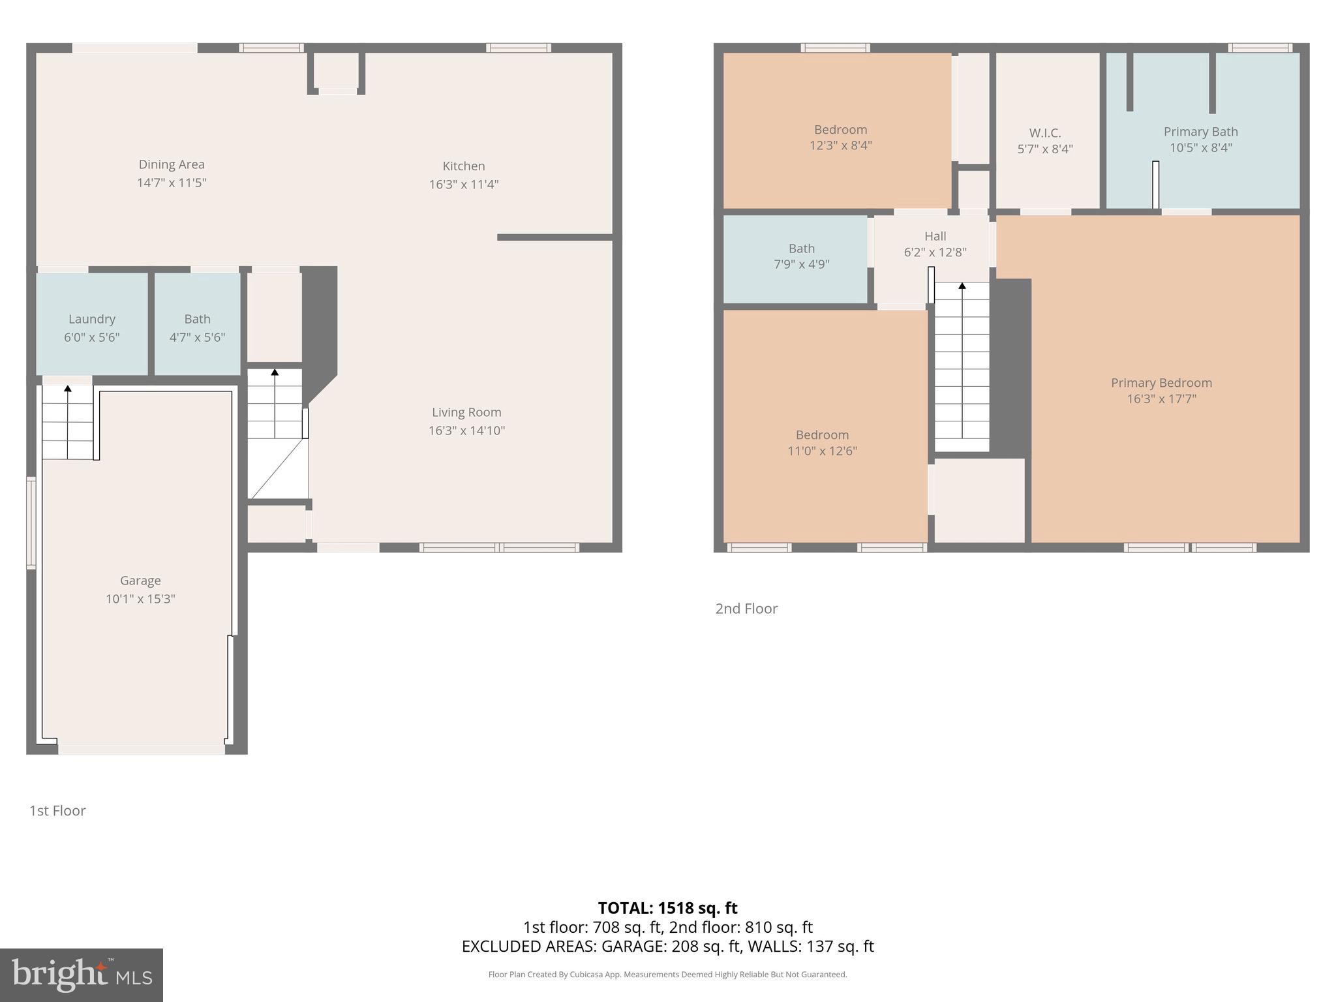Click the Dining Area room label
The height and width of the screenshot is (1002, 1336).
[x=171, y=164]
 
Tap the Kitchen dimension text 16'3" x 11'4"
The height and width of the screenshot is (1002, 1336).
[x=463, y=184]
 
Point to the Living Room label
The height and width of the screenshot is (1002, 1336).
[x=466, y=412]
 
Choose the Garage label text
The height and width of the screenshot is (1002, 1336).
[x=140, y=581]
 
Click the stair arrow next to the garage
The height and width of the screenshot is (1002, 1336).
[x=68, y=389]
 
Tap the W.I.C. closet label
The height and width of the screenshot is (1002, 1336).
[x=1044, y=133]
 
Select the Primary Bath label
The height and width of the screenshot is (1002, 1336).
[x=1200, y=132]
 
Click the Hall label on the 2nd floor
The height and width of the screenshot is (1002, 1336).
[x=935, y=236]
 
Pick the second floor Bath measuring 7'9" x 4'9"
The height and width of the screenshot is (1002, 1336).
[x=801, y=256]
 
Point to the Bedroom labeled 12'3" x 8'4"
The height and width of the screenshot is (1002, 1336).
[x=840, y=137]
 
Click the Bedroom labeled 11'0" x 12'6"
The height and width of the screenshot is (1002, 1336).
[x=822, y=442]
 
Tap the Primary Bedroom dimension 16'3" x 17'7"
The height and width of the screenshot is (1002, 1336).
[x=1161, y=399]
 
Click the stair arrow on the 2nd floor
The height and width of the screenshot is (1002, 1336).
[x=962, y=286]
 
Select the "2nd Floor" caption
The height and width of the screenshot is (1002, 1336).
[x=746, y=609]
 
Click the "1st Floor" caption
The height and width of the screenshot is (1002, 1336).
[x=57, y=810]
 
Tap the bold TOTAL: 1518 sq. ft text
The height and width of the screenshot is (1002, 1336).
[x=667, y=908]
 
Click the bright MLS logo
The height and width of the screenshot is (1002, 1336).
[x=81, y=975]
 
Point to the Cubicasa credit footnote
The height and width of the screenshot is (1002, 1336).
[x=667, y=975]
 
